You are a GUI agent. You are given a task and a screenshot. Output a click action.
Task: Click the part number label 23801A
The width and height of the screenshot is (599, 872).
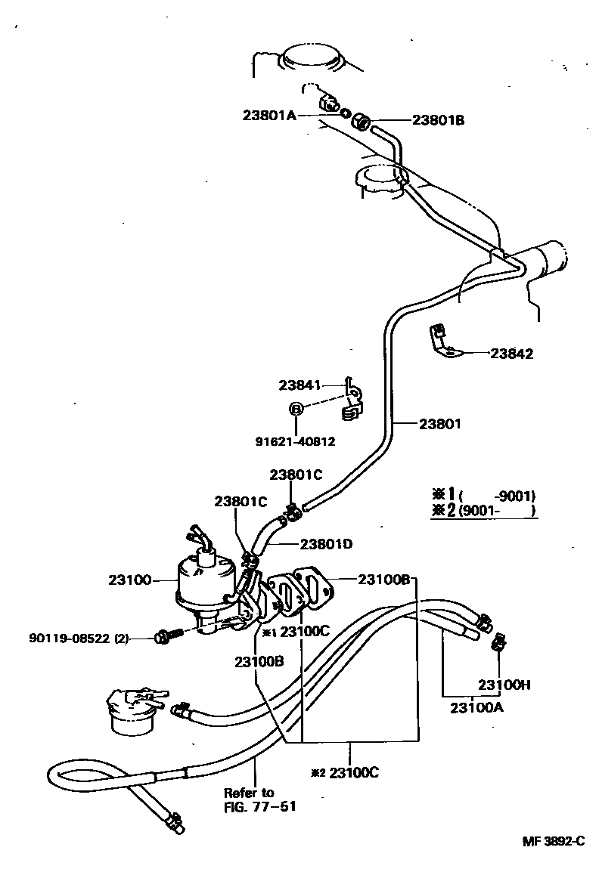click(270, 116)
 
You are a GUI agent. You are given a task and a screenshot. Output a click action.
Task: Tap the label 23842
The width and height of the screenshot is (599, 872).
click(511, 353)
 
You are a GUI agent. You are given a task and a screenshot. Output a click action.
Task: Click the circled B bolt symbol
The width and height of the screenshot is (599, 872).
click(296, 409)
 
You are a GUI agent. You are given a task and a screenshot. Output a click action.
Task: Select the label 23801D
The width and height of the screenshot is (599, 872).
click(327, 543)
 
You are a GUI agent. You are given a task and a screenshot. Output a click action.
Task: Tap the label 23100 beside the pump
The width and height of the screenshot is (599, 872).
click(130, 580)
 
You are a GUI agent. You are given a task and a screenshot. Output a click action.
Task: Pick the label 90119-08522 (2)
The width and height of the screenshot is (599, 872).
click(79, 638)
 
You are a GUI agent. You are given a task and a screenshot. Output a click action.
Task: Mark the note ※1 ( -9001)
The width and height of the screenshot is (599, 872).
click(483, 495)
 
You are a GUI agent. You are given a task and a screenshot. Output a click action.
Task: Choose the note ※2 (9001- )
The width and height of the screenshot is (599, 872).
click(483, 512)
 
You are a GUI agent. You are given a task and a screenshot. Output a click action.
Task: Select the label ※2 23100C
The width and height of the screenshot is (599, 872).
click(344, 773)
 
